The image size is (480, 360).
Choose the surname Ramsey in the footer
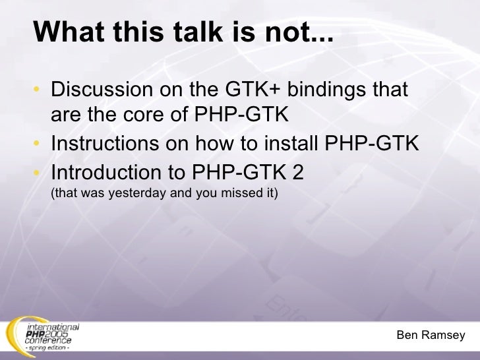point(445,336)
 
